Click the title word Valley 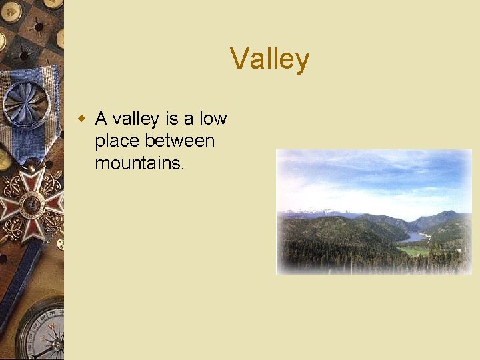click(x=270, y=59)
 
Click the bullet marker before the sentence click(x=82, y=119)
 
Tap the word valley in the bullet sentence click(x=135, y=119)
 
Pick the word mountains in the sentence click(x=137, y=163)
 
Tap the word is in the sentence click(x=172, y=119)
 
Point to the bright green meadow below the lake click(x=413, y=251)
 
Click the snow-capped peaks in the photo click(x=313, y=213)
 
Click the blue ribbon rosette click(x=25, y=103)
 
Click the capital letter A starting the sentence click(x=101, y=119)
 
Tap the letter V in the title click(x=239, y=59)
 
